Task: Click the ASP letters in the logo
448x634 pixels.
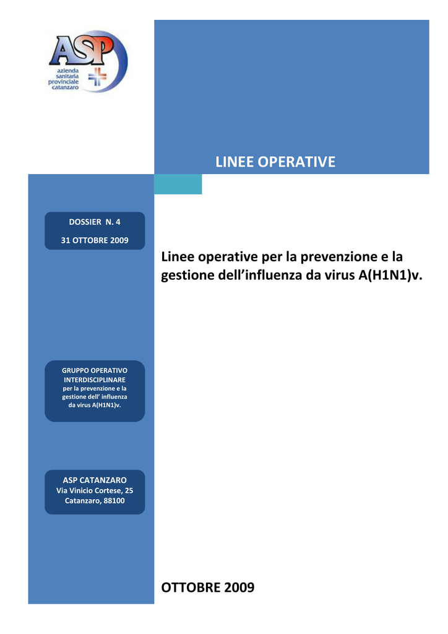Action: [x=82, y=51]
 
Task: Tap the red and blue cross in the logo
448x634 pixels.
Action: [x=97, y=76]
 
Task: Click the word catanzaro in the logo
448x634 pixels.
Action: [x=65, y=87]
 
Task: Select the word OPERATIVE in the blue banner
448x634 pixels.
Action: [x=296, y=162]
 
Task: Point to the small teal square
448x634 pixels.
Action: [x=178, y=184]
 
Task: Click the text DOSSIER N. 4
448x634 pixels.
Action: [x=95, y=222]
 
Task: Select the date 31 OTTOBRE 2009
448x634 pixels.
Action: [x=95, y=240]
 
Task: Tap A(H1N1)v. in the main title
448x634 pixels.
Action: [x=390, y=275]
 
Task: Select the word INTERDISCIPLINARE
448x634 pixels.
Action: [x=95, y=380]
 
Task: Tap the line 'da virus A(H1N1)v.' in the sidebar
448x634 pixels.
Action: [x=95, y=405]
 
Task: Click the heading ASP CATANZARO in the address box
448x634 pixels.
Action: [x=95, y=480]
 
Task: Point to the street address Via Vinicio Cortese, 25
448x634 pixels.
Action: [x=95, y=490]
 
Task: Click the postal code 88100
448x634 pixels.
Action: [x=114, y=500]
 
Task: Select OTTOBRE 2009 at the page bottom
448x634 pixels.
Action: [x=208, y=588]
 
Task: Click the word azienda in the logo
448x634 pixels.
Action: [x=68, y=71]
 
